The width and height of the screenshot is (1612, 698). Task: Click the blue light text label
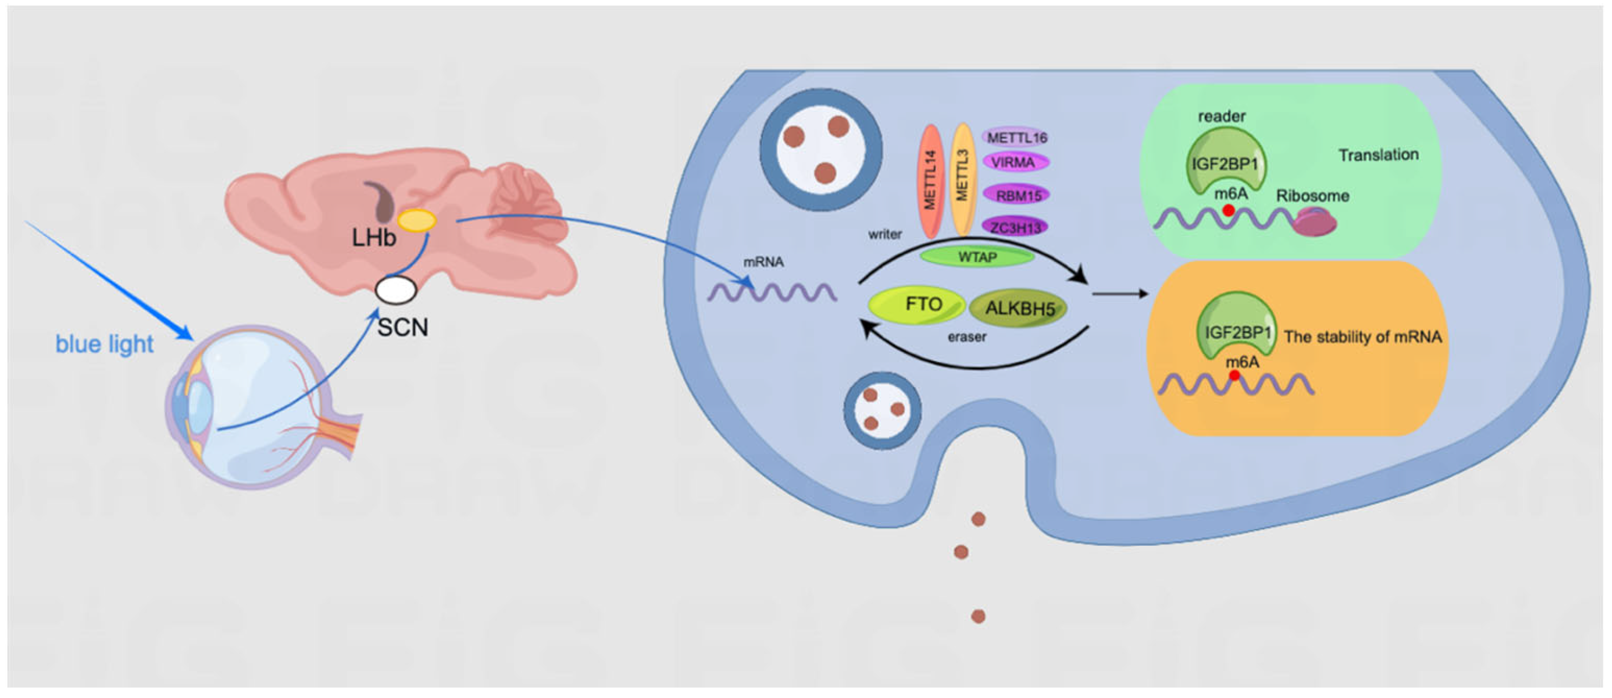(105, 343)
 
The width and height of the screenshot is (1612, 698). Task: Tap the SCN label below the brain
(403, 327)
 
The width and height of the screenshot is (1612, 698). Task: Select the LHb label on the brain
(374, 238)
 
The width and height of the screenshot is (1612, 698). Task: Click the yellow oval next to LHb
(418, 220)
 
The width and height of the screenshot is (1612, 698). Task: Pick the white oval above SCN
(395, 290)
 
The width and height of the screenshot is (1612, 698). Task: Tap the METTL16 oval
(1017, 137)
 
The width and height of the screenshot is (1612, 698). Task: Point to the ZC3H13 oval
(1015, 227)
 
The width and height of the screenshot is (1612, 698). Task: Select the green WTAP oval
(977, 256)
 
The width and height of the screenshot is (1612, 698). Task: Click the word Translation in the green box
(1378, 155)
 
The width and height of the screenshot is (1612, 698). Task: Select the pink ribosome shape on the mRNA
(1315, 223)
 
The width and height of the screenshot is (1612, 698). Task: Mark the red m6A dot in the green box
(1228, 211)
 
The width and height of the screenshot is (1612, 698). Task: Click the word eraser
(966, 337)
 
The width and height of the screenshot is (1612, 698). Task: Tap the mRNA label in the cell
(764, 262)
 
